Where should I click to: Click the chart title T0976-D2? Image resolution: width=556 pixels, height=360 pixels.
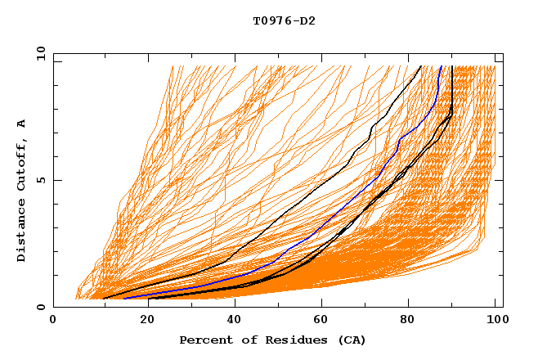click(284, 21)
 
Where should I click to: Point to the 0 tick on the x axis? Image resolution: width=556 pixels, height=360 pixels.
click(53, 321)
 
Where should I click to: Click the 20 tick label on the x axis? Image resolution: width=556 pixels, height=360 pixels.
click(141, 321)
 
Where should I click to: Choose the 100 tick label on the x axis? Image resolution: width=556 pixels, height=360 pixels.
click(494, 321)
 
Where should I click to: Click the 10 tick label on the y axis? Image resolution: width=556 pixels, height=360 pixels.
click(40, 53)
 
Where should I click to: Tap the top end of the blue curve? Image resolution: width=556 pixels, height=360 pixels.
click(442, 65)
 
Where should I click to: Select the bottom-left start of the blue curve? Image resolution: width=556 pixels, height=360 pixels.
click(124, 299)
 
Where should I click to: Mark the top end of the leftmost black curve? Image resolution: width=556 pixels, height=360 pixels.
click(421, 65)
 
